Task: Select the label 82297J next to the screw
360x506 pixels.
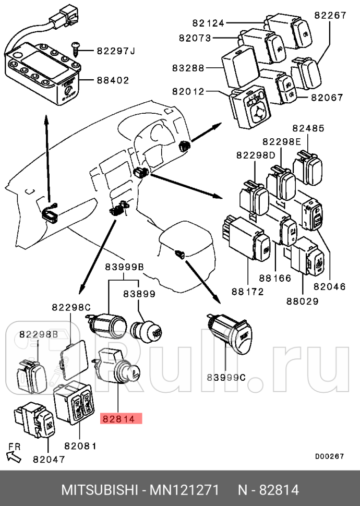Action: point(115,51)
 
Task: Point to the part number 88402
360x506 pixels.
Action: point(112,80)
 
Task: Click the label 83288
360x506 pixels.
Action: point(188,68)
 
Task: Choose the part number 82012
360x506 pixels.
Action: point(188,91)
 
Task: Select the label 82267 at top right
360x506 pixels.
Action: point(330,16)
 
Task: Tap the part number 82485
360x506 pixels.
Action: point(308,128)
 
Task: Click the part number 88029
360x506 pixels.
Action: point(303,300)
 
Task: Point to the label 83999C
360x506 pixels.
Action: point(225,377)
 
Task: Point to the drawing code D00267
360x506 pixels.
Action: point(329,456)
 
